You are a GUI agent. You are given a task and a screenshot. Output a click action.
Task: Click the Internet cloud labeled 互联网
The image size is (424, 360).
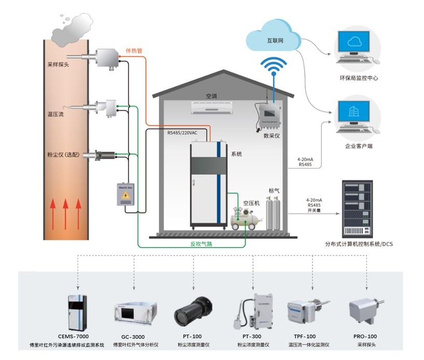point(274,38)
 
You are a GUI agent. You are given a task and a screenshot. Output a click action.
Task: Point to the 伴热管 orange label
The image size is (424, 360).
point(134,51)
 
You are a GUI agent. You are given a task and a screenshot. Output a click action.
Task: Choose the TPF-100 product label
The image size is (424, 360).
point(309,336)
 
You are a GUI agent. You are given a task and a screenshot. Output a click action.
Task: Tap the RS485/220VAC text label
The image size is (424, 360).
point(182,133)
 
